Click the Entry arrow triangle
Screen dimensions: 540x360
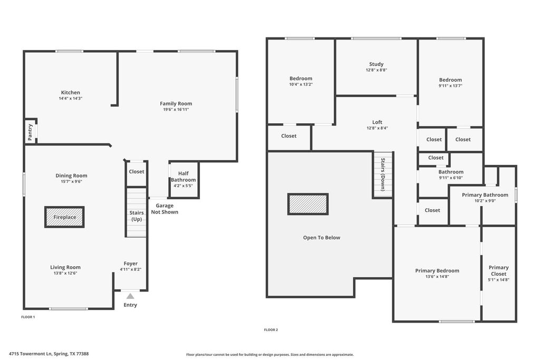(130, 296)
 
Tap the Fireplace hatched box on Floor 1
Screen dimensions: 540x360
(64, 217)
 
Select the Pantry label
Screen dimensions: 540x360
(30, 132)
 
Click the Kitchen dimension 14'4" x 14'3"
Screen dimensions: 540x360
(71, 99)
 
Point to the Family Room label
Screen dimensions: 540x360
(176, 103)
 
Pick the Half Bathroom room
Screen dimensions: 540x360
(184, 180)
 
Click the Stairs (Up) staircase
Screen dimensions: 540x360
(137, 212)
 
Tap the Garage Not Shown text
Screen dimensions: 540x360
(165, 209)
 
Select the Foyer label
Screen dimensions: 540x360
(131, 264)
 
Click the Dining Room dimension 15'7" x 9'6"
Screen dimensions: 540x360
(72, 181)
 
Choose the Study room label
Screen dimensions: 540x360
(377, 64)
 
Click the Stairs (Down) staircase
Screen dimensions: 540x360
(383, 175)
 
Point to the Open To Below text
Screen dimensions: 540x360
(322, 238)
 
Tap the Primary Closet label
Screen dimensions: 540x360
(499, 270)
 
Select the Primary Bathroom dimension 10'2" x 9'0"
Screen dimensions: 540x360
(485, 201)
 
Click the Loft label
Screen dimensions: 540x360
(377, 122)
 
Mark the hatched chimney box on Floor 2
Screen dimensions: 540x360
(308, 204)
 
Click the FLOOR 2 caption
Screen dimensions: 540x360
(271, 330)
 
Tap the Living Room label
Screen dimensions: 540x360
(65, 267)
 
